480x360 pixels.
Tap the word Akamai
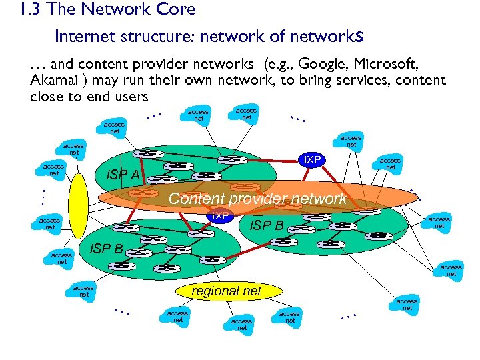pyautogui.click(x=54, y=81)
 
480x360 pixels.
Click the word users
pyautogui.click(x=129, y=97)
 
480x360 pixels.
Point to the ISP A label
pyautogui.click(x=123, y=175)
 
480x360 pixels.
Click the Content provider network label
pyautogui.click(x=257, y=199)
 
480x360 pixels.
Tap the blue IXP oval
pyautogui.click(x=219, y=216)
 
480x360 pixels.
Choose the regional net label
pyautogui.click(x=226, y=291)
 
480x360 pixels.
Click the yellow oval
pyautogui.click(x=78, y=205)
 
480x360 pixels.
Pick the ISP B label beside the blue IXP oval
pyautogui.click(x=266, y=225)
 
